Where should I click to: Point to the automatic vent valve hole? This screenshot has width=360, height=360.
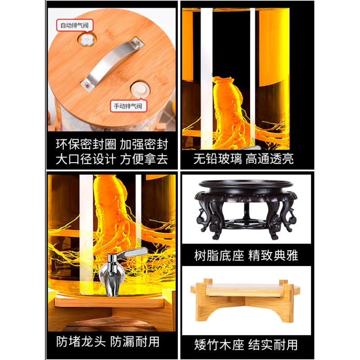85,40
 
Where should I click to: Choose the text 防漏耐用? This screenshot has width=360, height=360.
137,341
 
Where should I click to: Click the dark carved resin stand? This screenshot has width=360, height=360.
245,209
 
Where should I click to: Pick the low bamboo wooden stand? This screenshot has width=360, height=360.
245,299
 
